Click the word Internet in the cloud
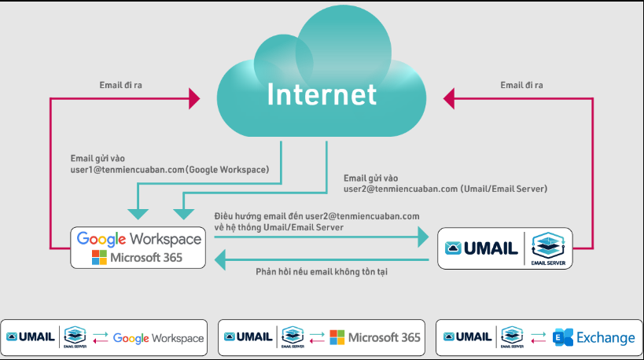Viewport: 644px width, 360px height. [322, 94]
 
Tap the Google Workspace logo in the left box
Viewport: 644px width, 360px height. [139, 238]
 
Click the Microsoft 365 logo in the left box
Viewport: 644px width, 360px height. [139, 257]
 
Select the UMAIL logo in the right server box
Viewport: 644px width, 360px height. [481, 249]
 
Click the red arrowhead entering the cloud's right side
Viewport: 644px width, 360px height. [449, 99]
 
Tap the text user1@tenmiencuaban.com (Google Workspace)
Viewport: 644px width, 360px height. [169, 168]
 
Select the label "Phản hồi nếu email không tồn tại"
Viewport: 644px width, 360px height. [322, 271]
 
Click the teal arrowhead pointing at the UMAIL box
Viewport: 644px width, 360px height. [423, 235]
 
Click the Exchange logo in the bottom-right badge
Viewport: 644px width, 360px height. [594, 338]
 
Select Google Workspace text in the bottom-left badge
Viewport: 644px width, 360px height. [158, 338]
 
